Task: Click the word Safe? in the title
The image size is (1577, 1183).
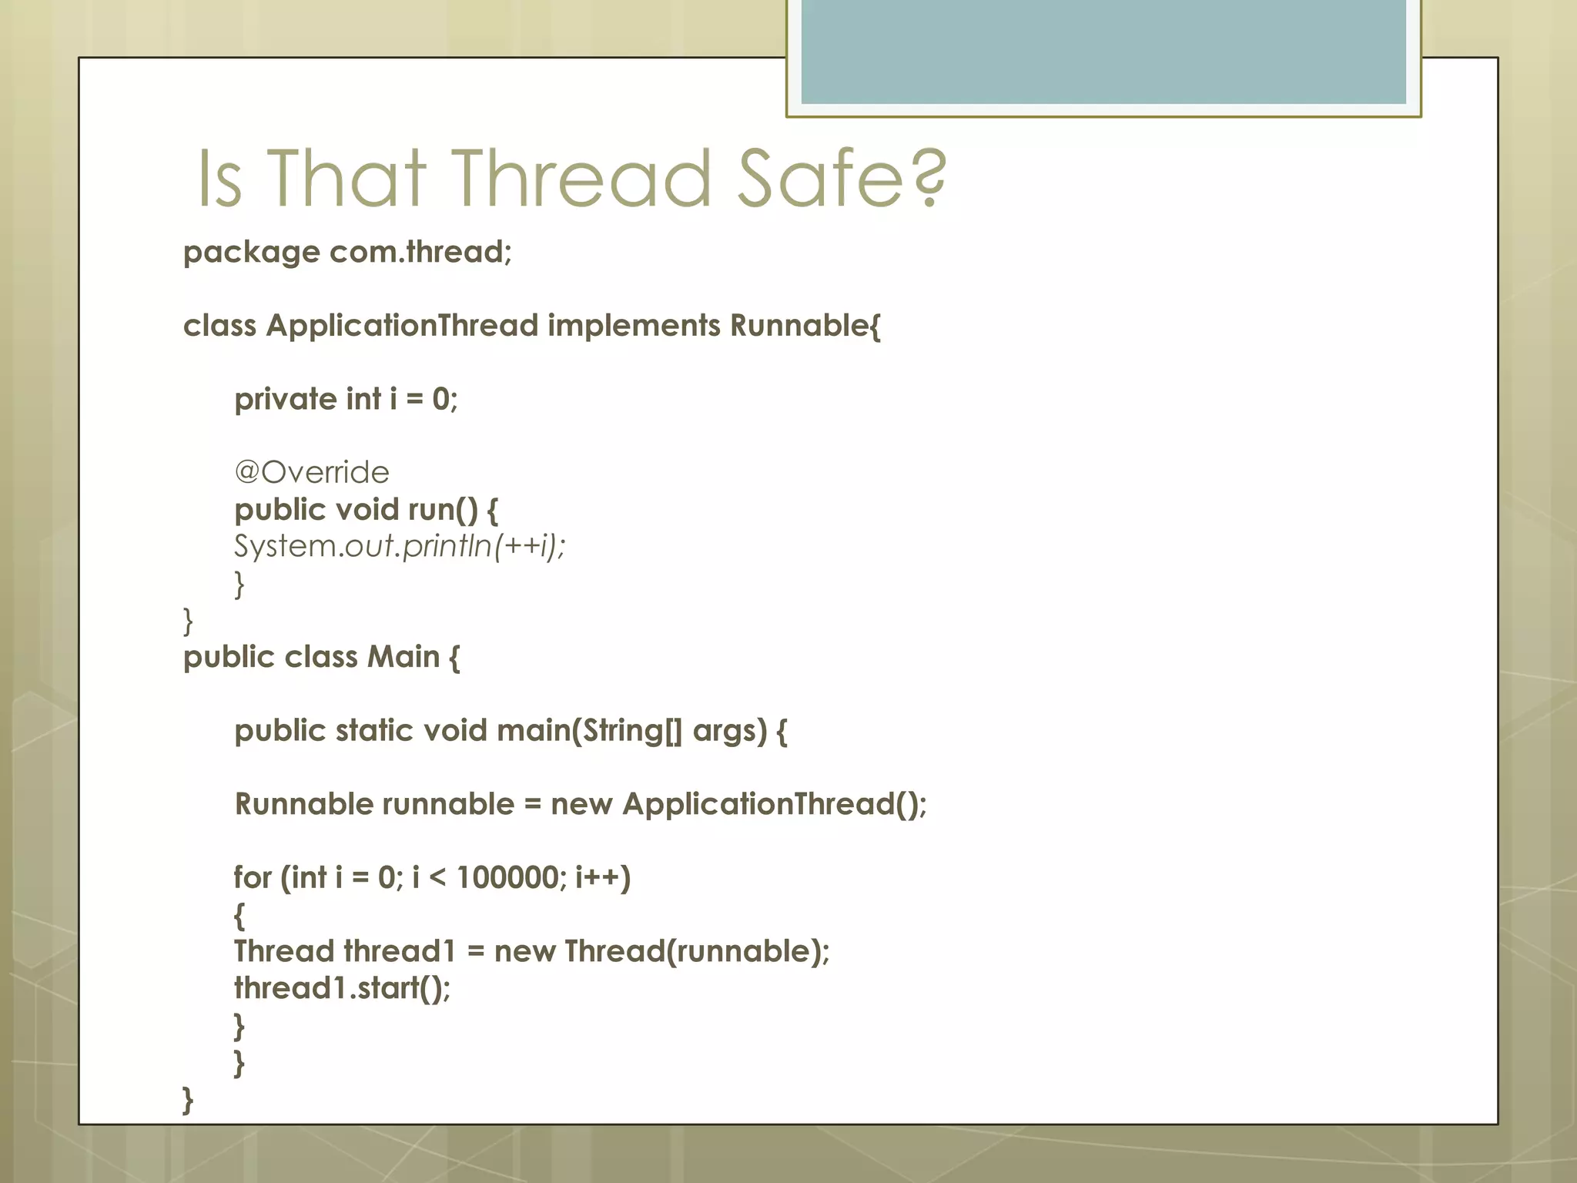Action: [841, 179]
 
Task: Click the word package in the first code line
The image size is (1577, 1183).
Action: [251, 253]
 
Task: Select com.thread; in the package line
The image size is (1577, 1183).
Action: [420, 252]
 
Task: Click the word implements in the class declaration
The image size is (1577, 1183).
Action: [634, 326]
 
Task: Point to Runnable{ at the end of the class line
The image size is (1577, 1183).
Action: [805, 326]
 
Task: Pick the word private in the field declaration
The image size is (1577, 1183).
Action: [286, 400]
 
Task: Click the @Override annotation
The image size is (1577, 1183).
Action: [312, 472]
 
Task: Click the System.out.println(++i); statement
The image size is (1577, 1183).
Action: [400, 546]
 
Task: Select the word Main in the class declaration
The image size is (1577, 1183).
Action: [403, 657]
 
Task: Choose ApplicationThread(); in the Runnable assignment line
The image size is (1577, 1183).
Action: [775, 804]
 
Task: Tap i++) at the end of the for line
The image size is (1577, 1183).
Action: [603, 878]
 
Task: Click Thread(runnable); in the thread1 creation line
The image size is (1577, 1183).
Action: [697, 952]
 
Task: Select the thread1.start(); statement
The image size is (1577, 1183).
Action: [342, 988]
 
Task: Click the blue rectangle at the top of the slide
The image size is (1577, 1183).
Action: [1103, 52]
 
